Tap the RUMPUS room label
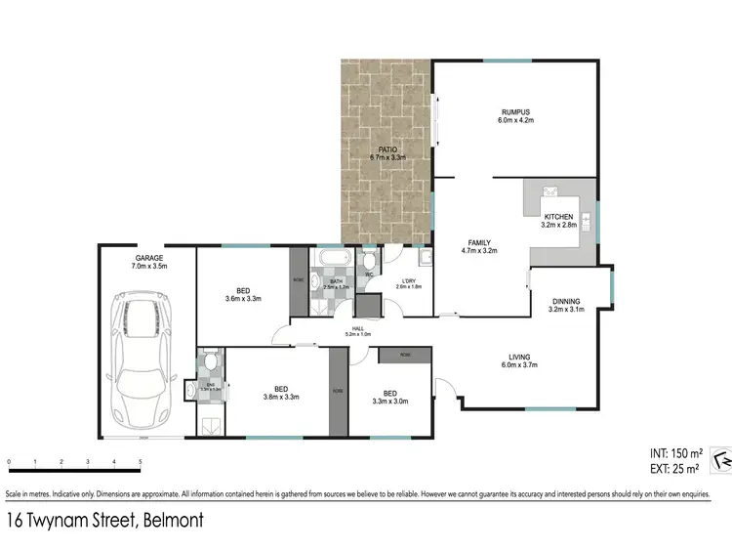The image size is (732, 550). click(516, 113)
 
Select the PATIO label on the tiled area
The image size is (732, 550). click(387, 149)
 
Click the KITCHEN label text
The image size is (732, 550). click(558, 216)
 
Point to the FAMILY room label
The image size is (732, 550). click(478, 242)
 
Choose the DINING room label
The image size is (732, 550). click(566, 302)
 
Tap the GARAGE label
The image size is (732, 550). click(148, 259)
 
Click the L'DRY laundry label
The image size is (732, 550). click(409, 280)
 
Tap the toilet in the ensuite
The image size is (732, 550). click(210, 362)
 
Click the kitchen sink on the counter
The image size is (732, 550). click(549, 190)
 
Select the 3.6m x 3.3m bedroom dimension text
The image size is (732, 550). click(242, 299)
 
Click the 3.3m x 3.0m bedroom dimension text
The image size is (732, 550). click(390, 401)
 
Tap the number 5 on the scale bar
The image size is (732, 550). click(140, 461)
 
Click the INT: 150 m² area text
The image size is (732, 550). click(674, 454)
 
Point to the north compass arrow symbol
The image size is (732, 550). click(721, 459)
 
